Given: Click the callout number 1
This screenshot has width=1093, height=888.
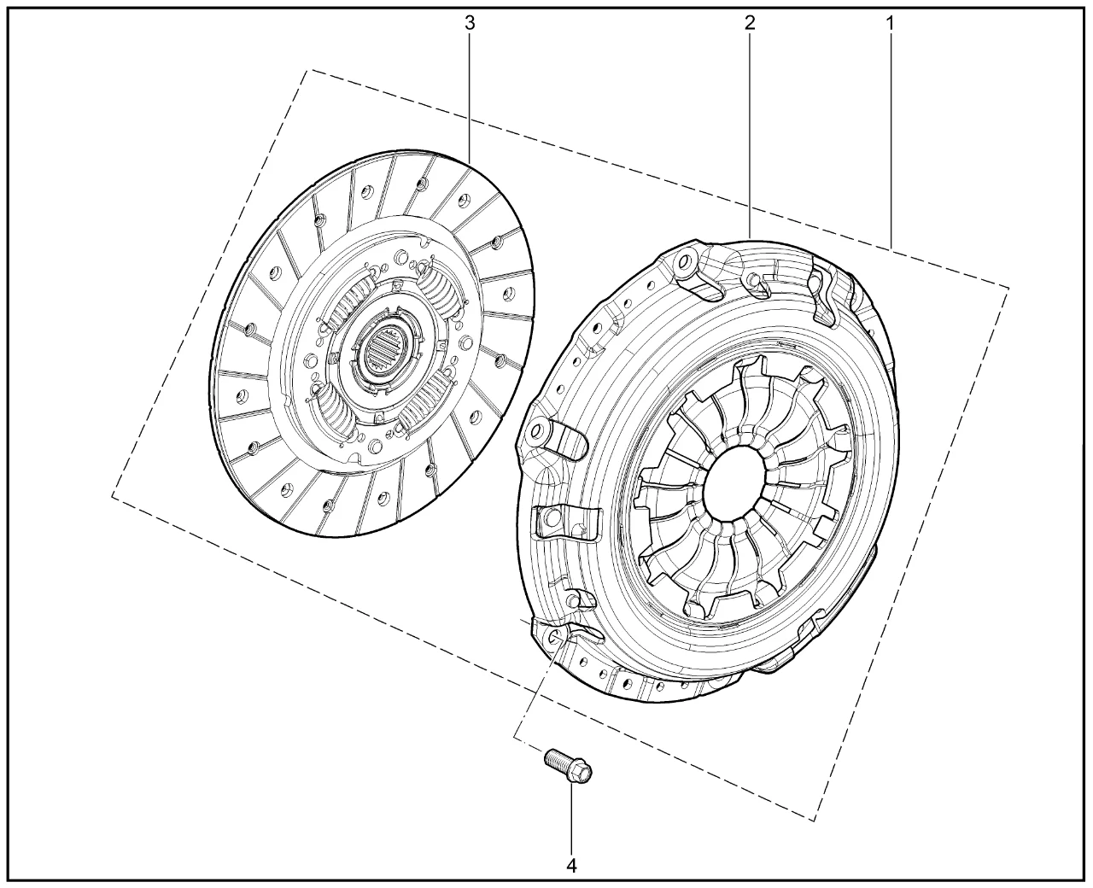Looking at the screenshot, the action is pyautogui.click(x=891, y=23).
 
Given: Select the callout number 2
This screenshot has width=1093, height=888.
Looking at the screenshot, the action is pyautogui.click(x=751, y=23).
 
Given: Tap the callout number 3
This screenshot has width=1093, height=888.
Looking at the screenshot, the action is pyautogui.click(x=470, y=23).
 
